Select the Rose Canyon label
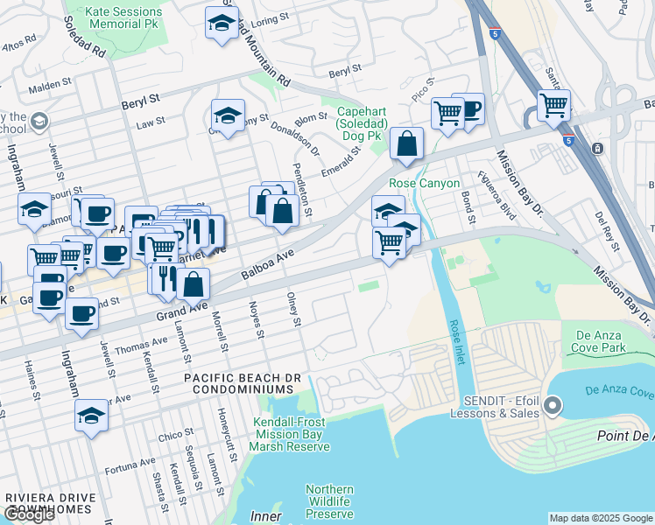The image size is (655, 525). pos(425,183)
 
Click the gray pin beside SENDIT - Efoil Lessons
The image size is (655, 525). pos(552,405)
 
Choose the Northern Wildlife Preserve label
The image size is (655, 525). pos(329,501)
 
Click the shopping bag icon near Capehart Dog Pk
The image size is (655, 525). pos(406,144)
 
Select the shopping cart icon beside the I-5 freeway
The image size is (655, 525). pos(553,106)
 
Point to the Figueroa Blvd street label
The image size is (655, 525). pos(495,196)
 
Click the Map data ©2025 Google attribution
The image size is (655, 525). pos(600,518)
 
